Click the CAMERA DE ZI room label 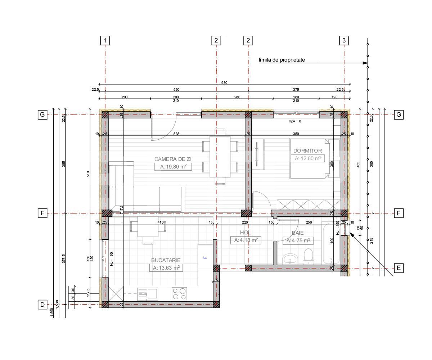coord(171,159)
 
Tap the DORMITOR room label coord(307,150)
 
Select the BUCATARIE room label coord(166,260)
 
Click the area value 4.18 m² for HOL coord(246,240)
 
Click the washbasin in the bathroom coord(290,258)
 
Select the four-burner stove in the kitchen coord(179,294)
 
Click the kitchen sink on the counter coord(148,294)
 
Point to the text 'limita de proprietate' coord(282,60)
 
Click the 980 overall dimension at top coord(224,82)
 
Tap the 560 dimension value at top coord(176,90)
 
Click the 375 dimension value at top coord(296,90)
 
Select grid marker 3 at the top coord(344,40)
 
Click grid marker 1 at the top coord(105,40)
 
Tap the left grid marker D coord(42,305)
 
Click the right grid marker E coord(399,268)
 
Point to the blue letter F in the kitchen coord(205,257)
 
